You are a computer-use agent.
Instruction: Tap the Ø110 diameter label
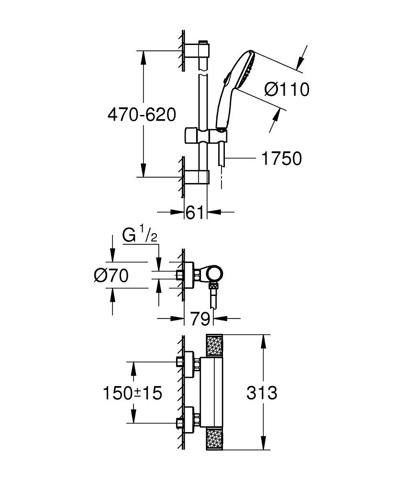(x=287, y=89)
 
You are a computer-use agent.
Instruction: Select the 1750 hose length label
(x=281, y=158)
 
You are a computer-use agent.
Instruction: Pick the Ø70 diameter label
(x=111, y=275)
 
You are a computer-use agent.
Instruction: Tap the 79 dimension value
(x=199, y=318)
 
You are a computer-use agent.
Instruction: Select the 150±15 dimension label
(x=133, y=393)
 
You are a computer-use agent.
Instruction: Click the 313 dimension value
(x=262, y=393)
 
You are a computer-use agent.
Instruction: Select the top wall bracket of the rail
(x=199, y=50)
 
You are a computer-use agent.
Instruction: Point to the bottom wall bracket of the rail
(x=199, y=177)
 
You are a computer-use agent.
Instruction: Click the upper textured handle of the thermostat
(x=214, y=346)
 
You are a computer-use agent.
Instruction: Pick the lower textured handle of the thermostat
(x=214, y=439)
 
